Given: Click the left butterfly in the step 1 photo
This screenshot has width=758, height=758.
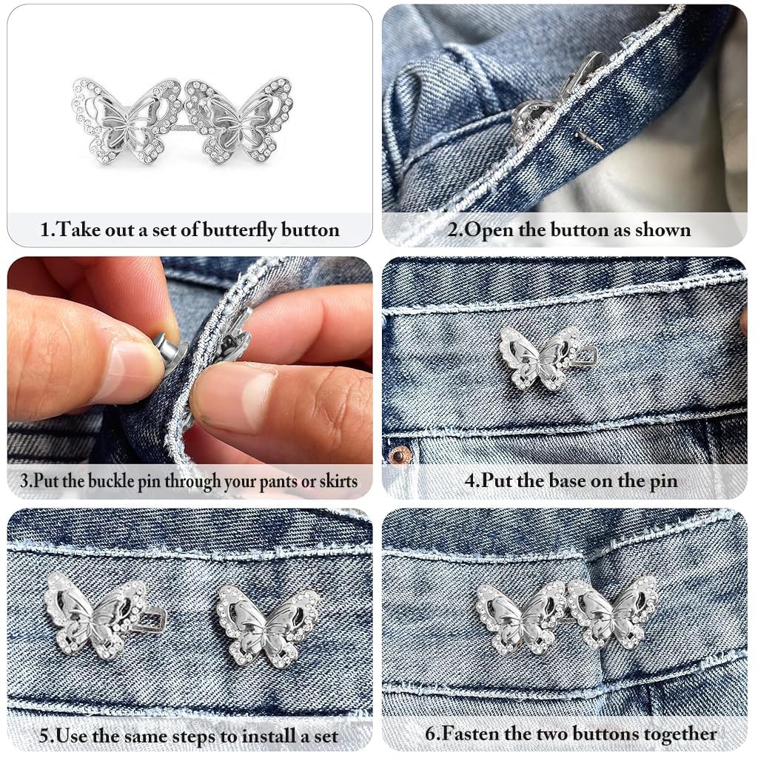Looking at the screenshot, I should (127, 121).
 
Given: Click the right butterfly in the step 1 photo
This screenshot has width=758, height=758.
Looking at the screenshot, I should (239, 120).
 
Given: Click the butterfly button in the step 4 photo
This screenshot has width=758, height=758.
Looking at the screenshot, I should (538, 358).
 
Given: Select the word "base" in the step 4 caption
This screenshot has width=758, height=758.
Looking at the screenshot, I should (570, 481).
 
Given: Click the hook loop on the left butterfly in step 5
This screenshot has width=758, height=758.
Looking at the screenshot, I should (155, 620).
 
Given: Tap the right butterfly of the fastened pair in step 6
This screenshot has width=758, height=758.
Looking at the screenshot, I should (611, 612).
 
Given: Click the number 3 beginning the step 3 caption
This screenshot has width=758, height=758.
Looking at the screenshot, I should (15, 482).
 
